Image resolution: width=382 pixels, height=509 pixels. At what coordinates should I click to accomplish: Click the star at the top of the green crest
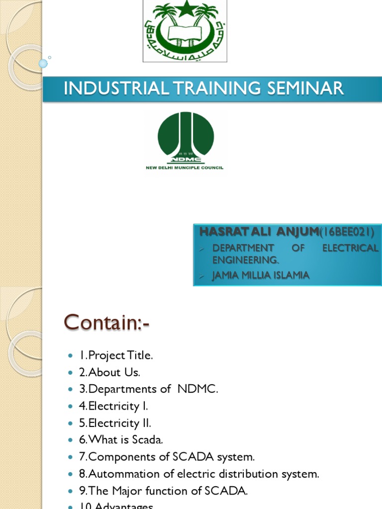pos(185,9)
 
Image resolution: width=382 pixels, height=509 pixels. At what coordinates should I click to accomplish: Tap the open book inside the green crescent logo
pos(185,33)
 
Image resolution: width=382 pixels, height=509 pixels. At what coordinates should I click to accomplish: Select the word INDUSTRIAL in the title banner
pos(114,88)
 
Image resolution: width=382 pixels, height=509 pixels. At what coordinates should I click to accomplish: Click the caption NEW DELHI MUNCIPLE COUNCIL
pos(185,168)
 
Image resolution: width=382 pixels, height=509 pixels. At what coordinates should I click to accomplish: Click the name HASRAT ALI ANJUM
pos(258,232)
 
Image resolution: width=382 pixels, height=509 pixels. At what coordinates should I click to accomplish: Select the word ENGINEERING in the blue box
pos(246,259)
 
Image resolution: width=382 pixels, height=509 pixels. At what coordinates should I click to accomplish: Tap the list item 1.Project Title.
pos(116,356)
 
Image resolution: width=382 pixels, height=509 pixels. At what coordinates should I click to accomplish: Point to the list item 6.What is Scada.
pos(121,440)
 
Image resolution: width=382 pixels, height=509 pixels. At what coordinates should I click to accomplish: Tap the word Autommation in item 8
pos(124,474)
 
